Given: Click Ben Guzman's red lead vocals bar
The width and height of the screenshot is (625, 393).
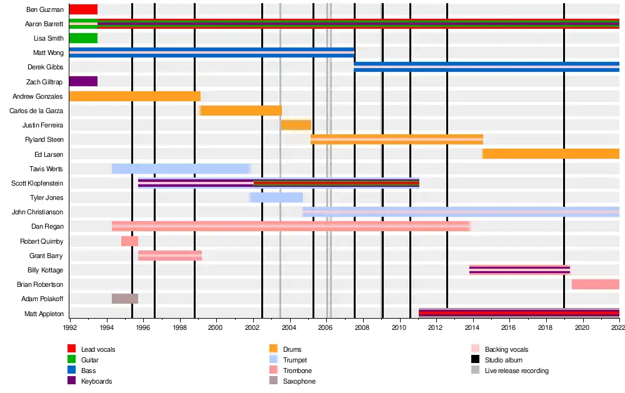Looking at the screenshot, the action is click(x=83, y=9).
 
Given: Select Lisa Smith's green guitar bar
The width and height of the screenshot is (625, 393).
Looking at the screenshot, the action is click(x=83, y=38).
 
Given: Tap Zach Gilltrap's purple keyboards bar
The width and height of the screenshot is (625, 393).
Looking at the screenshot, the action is click(x=83, y=81).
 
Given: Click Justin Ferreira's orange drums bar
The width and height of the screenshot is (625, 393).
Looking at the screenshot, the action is click(x=296, y=125).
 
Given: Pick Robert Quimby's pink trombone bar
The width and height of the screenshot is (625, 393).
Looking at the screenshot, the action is click(x=129, y=241).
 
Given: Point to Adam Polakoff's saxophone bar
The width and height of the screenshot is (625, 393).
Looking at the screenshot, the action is click(x=125, y=299).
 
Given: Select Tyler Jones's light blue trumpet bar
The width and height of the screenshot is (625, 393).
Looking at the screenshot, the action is click(x=276, y=197).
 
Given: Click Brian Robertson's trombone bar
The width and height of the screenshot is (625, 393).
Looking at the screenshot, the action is click(x=596, y=284).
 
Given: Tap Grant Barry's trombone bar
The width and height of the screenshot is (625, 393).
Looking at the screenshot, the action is click(x=170, y=256).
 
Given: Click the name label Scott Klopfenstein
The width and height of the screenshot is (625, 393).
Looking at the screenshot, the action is click(x=37, y=183).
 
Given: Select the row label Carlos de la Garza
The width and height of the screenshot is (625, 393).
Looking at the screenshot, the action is click(x=36, y=111).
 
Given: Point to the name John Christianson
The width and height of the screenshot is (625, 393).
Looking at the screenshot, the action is click(x=37, y=212).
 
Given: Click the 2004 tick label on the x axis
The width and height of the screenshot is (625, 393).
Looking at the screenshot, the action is click(x=289, y=327).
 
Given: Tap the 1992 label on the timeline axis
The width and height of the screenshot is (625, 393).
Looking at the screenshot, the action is click(x=70, y=327).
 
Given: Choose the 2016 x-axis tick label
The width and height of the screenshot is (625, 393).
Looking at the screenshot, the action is click(x=508, y=327).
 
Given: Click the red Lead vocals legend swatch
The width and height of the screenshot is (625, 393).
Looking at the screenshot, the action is click(x=72, y=349).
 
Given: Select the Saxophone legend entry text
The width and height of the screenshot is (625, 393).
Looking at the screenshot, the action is click(x=299, y=381).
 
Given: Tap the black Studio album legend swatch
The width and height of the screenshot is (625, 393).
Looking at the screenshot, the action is click(x=475, y=359).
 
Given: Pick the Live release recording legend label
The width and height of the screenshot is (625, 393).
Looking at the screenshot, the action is click(x=517, y=371).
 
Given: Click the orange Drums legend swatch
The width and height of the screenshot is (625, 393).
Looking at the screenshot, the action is click(x=274, y=349).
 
